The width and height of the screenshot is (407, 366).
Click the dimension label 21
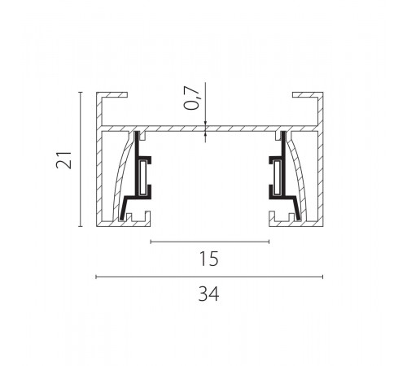tap(64, 160)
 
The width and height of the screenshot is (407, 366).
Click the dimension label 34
tap(208, 294)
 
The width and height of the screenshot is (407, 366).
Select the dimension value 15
tap(208, 259)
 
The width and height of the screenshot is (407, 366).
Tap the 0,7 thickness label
tap(192, 98)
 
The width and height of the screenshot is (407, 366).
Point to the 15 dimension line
tap(210, 242)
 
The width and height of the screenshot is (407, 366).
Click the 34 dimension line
tap(209, 277)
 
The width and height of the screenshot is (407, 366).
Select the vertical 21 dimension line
tap(81, 159)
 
